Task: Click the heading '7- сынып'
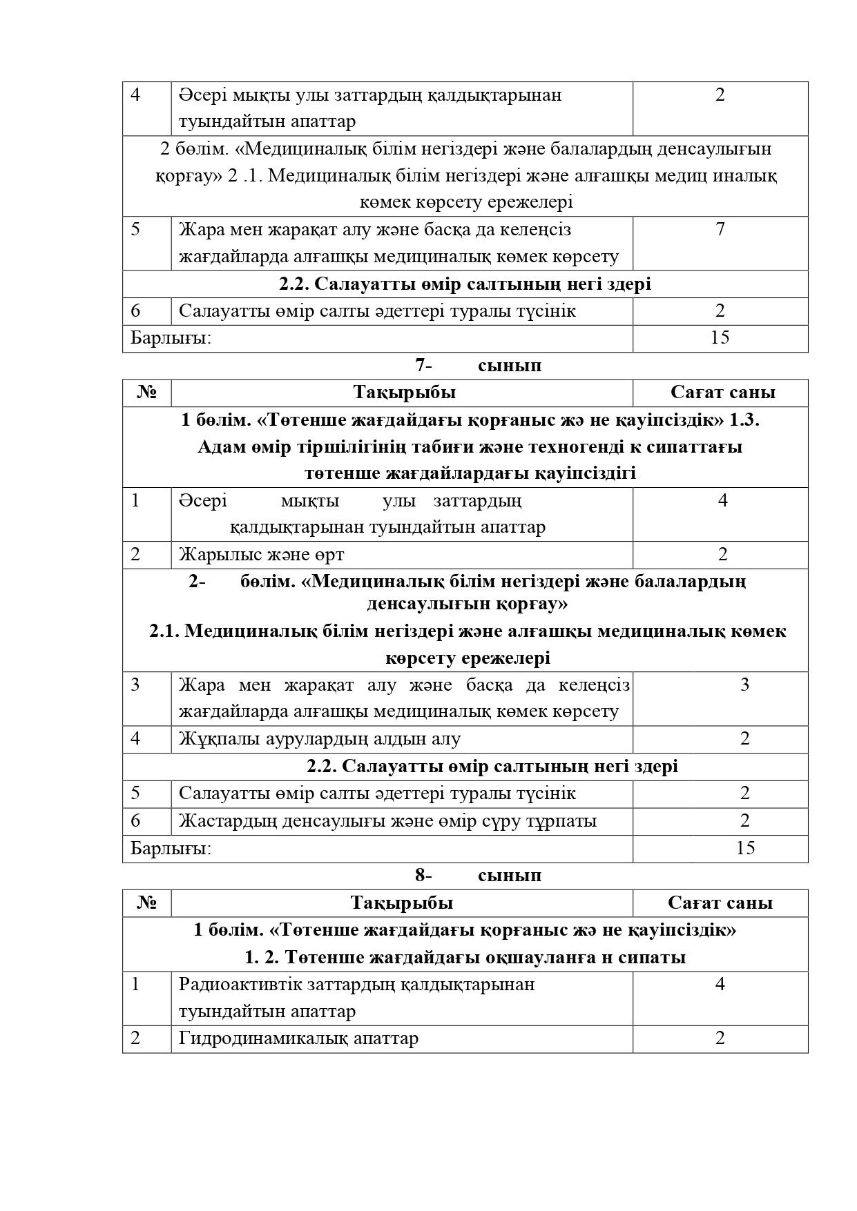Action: [478, 366]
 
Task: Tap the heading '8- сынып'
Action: [478, 876]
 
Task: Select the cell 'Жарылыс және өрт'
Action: [262, 555]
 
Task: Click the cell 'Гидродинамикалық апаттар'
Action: [298, 1038]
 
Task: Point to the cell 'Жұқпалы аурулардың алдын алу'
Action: [320, 739]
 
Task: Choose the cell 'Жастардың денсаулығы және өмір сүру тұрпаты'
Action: [387, 821]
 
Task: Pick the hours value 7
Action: [720, 230]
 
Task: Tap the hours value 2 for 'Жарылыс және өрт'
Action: [723, 554]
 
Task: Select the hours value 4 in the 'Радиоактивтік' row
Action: [720, 984]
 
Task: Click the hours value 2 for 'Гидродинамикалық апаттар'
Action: [720, 1038]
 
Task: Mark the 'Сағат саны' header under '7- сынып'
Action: [722, 393]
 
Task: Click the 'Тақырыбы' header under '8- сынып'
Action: [401, 903]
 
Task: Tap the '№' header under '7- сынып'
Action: [147, 393]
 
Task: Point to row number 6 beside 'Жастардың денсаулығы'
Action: [135, 821]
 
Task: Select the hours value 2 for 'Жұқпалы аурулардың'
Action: [744, 739]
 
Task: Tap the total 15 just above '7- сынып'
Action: [720, 338]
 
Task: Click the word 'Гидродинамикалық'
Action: [263, 1038]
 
